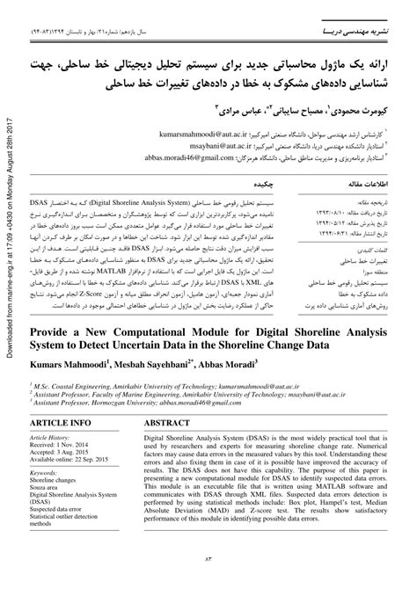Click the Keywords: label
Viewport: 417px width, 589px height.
(43, 475)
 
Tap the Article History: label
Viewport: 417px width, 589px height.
(50, 438)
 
